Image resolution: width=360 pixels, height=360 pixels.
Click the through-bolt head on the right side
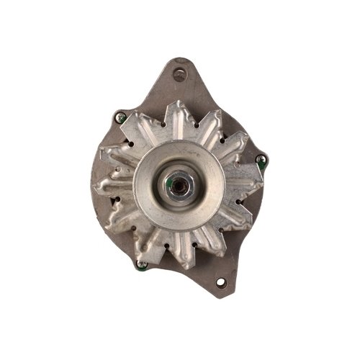point(261,159)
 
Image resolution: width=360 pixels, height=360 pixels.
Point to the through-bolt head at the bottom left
point(142,264)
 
